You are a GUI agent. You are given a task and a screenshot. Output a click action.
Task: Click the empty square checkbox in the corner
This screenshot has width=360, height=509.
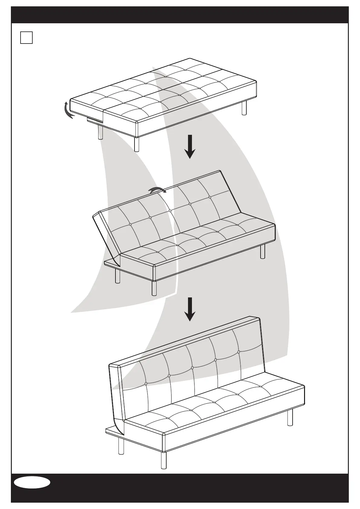coord(26,37)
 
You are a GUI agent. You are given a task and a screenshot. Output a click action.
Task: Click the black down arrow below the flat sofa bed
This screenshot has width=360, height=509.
coord(190,147)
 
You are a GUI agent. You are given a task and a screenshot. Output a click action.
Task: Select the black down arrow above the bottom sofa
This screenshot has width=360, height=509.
coord(190,309)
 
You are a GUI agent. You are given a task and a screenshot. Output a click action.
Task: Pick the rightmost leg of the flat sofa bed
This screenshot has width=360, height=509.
coord(244,108)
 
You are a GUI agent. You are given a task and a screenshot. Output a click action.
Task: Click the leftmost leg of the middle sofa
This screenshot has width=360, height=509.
coord(118,276)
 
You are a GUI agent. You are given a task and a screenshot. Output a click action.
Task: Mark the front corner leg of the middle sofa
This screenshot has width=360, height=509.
coord(154,288)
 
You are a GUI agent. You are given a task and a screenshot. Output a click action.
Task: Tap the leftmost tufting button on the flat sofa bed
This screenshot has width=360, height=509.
coord(107,97)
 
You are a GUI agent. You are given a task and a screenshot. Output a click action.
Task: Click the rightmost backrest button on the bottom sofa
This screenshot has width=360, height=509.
coord(239,352)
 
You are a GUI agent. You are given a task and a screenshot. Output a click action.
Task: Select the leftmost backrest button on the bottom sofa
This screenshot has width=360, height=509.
coord(146,384)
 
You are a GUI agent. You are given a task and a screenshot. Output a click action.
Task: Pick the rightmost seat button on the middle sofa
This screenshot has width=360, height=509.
coord(238,225)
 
